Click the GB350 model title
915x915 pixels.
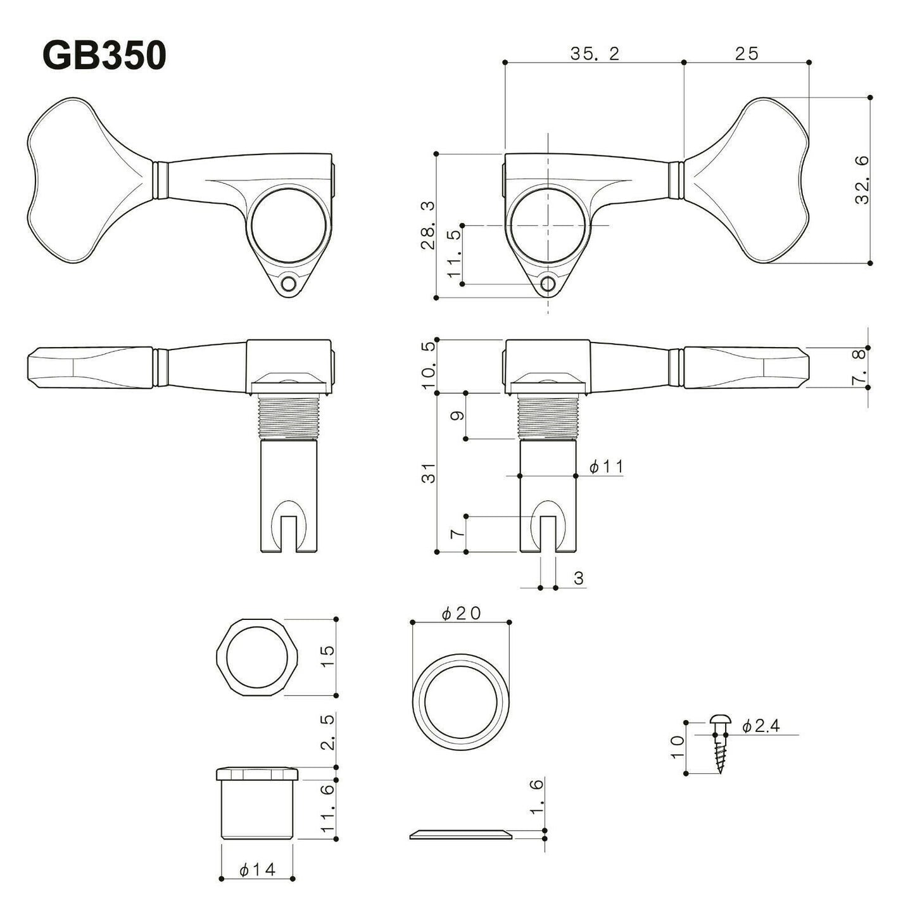pos(104,56)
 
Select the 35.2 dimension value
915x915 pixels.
pos(594,54)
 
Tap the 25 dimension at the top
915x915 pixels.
pos(747,54)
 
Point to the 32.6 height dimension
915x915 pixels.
pos(862,180)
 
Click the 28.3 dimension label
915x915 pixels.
pos(429,225)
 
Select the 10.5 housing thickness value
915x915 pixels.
pos(429,366)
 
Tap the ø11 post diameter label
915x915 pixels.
pos(606,467)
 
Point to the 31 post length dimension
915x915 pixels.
pos(429,472)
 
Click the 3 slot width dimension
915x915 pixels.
pos(578,577)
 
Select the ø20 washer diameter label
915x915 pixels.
pos(462,613)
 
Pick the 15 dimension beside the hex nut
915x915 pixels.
pos(327,657)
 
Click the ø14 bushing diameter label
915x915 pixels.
pos(258,870)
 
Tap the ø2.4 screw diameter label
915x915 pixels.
pos(760,726)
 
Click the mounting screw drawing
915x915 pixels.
pos(720,743)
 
